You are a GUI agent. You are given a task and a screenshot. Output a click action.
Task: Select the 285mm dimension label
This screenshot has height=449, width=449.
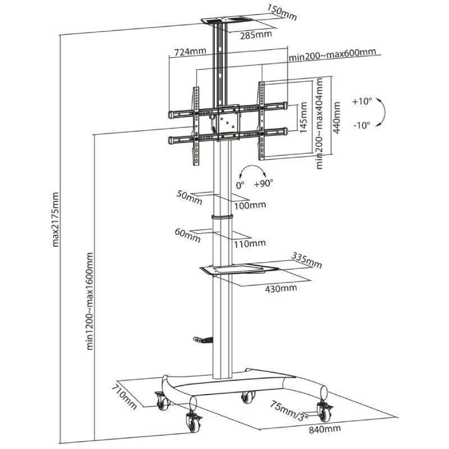click(x=256, y=35)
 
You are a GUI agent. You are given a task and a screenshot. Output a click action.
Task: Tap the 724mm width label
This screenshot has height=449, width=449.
click(x=190, y=52)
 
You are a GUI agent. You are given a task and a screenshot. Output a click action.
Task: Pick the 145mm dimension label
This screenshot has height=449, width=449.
click(x=303, y=118)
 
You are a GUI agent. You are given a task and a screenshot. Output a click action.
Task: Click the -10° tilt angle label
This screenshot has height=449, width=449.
click(x=362, y=125)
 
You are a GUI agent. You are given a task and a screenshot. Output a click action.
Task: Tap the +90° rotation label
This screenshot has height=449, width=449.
click(x=263, y=183)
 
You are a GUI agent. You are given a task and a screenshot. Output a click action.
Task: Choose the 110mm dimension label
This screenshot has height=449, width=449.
click(x=250, y=243)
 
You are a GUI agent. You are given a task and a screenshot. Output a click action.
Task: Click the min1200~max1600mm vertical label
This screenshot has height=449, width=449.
click(x=90, y=301)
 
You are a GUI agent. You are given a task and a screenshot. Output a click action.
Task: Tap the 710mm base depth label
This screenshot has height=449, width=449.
click(x=124, y=396)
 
